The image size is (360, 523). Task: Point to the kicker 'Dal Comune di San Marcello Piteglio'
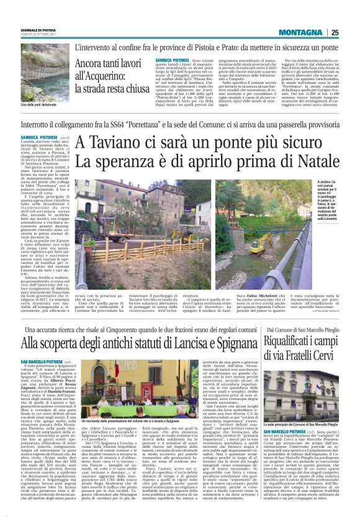pyautogui.click(x=306, y=330)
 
